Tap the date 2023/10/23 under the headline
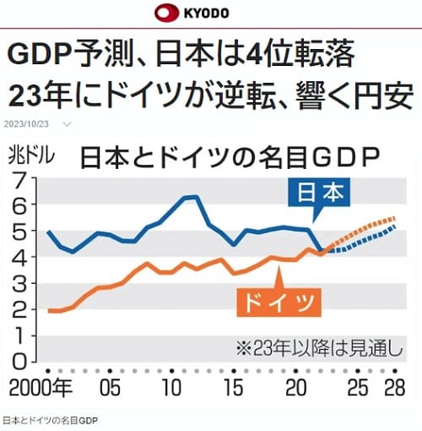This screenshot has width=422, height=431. [28, 123]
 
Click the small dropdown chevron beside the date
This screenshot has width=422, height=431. [68, 123]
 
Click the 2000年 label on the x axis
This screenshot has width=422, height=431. [36, 390]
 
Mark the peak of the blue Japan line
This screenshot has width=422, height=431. [191, 197]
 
